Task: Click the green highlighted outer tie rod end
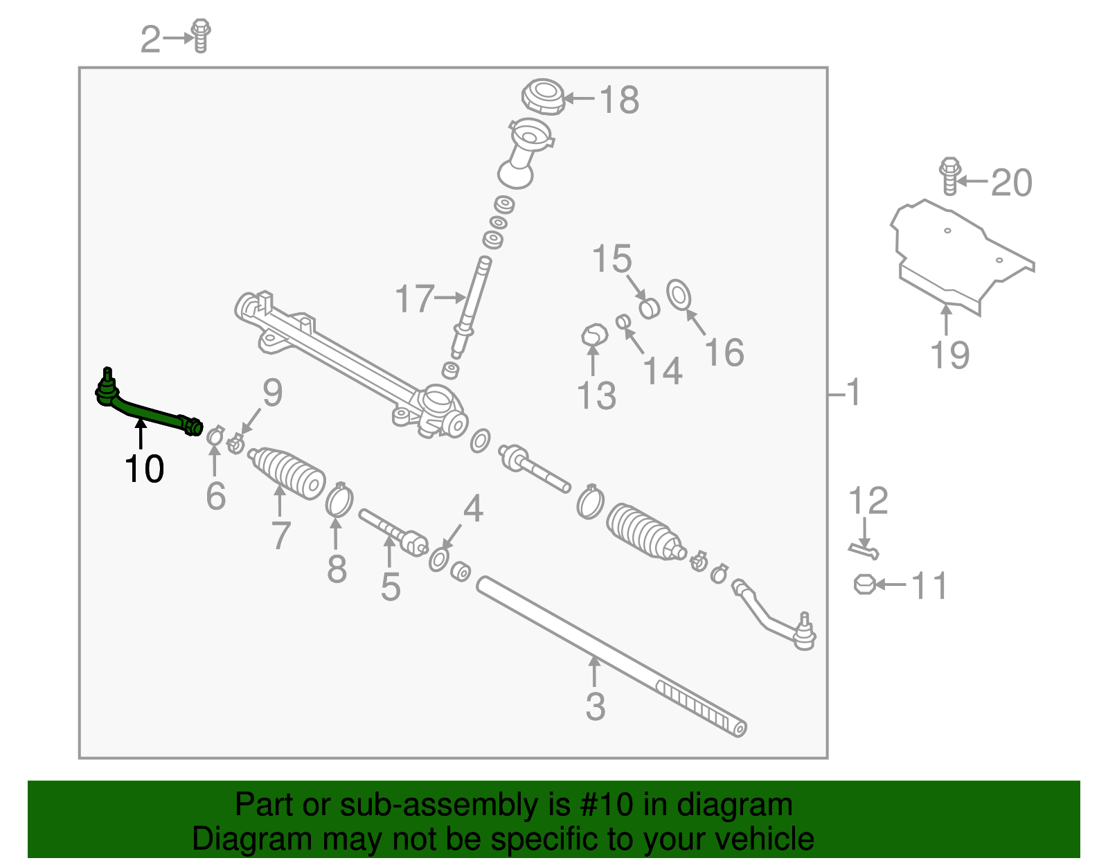coord(149,412)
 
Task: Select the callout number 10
coord(144,469)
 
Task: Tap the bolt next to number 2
coord(201,35)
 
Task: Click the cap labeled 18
coord(543,97)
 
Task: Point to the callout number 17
coord(414,299)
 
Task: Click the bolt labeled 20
coord(949,176)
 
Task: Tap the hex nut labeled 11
coord(864,585)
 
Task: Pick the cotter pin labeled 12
coord(864,551)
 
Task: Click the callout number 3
coord(595,707)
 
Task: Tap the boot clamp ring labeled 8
coord(339,501)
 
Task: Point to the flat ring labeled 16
coord(679,295)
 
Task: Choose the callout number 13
coord(596,396)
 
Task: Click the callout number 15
coord(612,260)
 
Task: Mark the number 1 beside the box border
coord(854,393)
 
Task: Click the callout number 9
coord(272,393)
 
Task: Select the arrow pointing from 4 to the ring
coord(453,536)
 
